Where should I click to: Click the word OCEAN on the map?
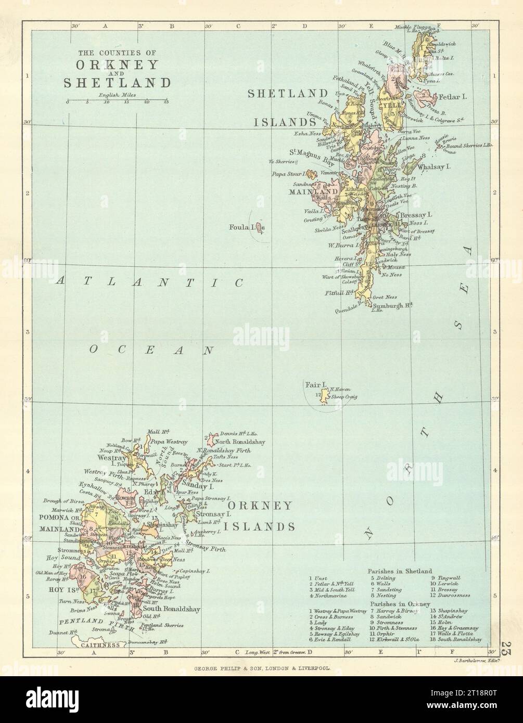coord(151,350)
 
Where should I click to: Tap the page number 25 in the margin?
coord(504,649)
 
